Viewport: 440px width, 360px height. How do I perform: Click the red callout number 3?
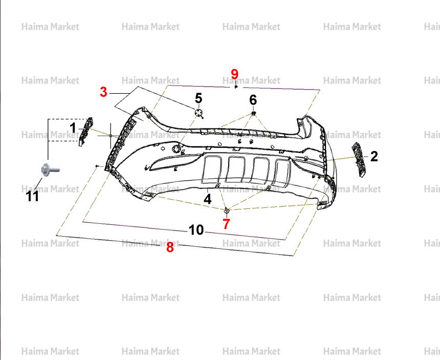pyautogui.click(x=103, y=92)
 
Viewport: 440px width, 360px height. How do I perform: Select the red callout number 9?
pyautogui.click(x=235, y=74)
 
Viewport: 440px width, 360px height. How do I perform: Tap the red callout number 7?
pyautogui.click(x=226, y=224)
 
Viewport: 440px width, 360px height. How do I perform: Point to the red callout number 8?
pyautogui.click(x=170, y=247)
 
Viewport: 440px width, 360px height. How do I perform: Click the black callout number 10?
pyautogui.click(x=196, y=230)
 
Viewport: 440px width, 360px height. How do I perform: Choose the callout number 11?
pyautogui.click(x=32, y=196)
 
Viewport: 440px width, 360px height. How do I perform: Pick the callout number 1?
pyautogui.click(x=73, y=128)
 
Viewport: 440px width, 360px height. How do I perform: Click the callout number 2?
pyautogui.click(x=374, y=156)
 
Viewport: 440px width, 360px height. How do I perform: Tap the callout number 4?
pyautogui.click(x=207, y=199)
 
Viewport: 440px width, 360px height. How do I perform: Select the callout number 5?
pyautogui.click(x=198, y=98)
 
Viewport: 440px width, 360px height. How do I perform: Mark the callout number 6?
pyautogui.click(x=253, y=100)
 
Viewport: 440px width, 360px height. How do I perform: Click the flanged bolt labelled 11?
pyautogui.click(x=49, y=170)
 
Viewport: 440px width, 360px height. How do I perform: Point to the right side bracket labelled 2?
pyautogui.click(x=359, y=159)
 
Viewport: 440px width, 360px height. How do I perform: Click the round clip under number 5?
pyautogui.click(x=199, y=113)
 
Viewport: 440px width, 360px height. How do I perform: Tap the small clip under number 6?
pyautogui.click(x=253, y=114)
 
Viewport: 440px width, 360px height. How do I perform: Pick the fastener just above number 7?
pyautogui.click(x=227, y=210)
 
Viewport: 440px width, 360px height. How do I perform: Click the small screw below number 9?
pyautogui.click(x=236, y=87)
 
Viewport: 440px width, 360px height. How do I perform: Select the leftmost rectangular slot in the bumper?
pyautogui.click(x=212, y=170)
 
